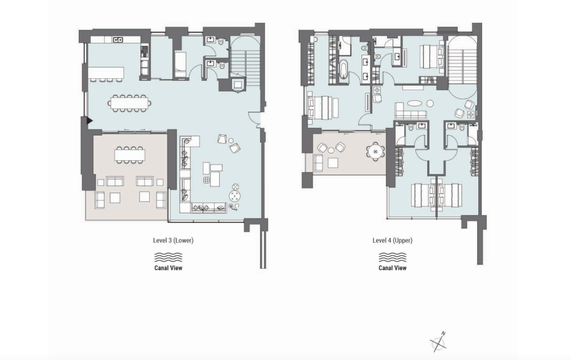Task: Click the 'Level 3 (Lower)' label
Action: point(173,241)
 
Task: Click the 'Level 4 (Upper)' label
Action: point(392,241)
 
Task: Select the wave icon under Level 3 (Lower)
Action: point(168,257)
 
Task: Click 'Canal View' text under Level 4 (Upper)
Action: point(392,268)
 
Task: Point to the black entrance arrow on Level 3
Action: point(89,121)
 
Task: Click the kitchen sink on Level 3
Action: point(118,40)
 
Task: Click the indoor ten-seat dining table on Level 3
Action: point(130,103)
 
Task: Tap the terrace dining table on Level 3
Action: point(130,155)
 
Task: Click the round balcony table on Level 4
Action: point(375,152)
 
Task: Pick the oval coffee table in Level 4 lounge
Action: point(415,102)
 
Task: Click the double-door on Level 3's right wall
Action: point(257,119)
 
